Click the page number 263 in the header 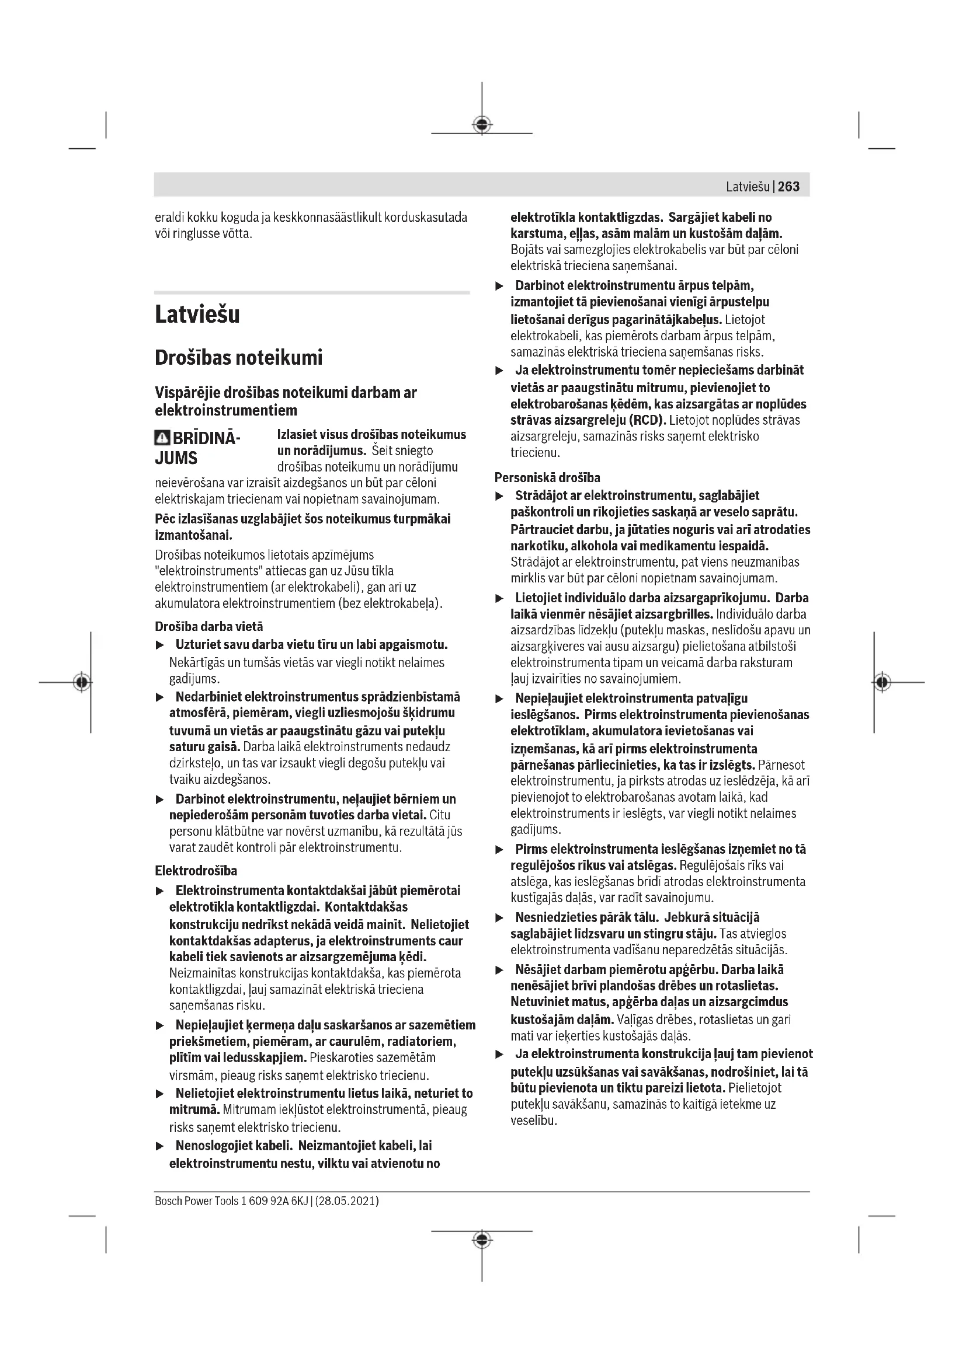pyautogui.click(x=788, y=187)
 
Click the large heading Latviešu pyautogui.click(x=197, y=315)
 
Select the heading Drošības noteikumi pyautogui.click(x=238, y=358)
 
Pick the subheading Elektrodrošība pyautogui.click(x=196, y=871)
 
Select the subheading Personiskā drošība pyautogui.click(x=547, y=477)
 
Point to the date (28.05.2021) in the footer pyautogui.click(x=347, y=1200)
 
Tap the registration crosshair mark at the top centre pyautogui.click(x=482, y=124)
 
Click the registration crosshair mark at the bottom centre pyautogui.click(x=482, y=1239)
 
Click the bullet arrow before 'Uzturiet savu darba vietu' pyautogui.click(x=159, y=645)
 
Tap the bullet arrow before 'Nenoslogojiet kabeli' pyautogui.click(x=159, y=1146)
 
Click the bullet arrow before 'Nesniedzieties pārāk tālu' pyautogui.click(x=500, y=919)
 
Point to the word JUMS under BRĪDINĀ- pyautogui.click(x=176, y=458)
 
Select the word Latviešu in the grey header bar pyautogui.click(x=748, y=187)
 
